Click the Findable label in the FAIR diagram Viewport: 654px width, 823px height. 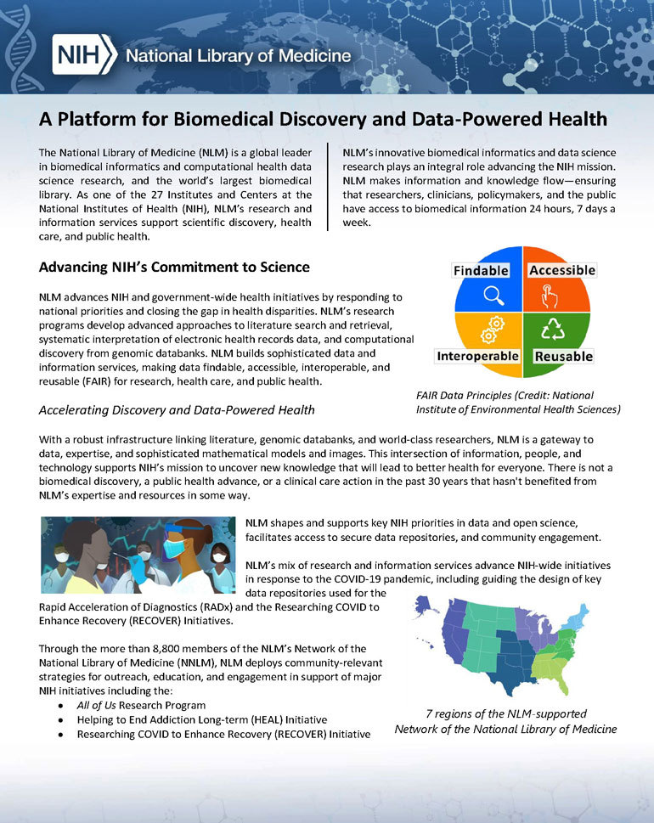click(x=481, y=270)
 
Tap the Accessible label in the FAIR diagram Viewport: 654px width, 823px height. click(x=562, y=270)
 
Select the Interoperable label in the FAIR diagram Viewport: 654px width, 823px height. click(x=478, y=356)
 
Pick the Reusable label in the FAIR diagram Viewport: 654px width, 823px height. click(x=563, y=356)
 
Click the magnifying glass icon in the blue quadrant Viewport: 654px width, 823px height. click(x=493, y=296)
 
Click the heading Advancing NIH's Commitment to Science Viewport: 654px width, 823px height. click(x=174, y=268)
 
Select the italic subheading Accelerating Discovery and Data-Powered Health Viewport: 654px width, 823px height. click(x=177, y=410)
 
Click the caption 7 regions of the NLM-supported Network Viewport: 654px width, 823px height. click(x=505, y=721)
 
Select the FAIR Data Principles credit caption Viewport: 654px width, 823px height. click(x=518, y=403)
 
